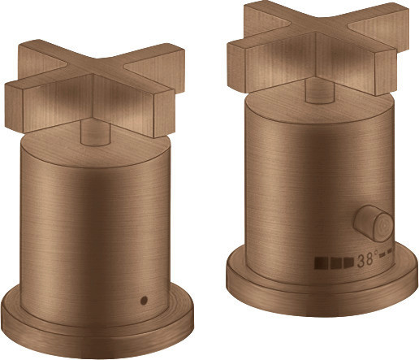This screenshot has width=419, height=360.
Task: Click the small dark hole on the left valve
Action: tap(145, 300)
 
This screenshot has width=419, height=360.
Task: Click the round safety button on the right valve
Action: tap(373, 224)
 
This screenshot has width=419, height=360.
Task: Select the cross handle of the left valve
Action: tap(95, 89)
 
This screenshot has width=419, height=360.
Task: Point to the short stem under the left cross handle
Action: tap(95, 132)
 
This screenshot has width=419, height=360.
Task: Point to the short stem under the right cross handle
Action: tap(320, 91)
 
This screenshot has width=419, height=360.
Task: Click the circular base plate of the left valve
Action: tap(97, 325)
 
